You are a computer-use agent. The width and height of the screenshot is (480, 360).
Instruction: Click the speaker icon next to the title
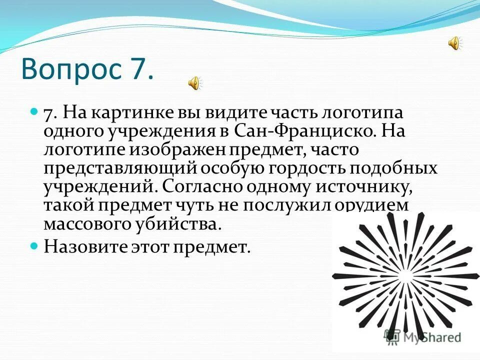point(194,82)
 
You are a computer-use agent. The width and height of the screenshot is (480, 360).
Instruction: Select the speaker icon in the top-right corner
point(454,44)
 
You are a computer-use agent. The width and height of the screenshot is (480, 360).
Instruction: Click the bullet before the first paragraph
point(34,110)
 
